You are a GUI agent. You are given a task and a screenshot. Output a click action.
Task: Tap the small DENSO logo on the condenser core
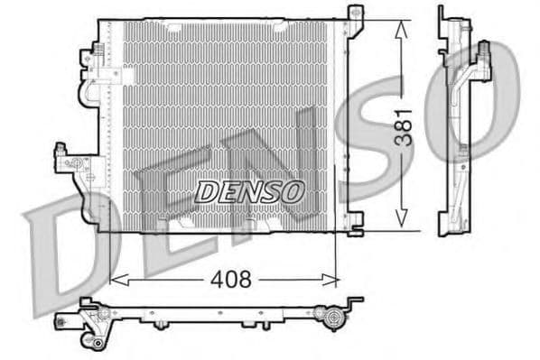coord(250,190)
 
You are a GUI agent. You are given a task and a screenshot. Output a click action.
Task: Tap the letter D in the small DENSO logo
coord(205,190)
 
